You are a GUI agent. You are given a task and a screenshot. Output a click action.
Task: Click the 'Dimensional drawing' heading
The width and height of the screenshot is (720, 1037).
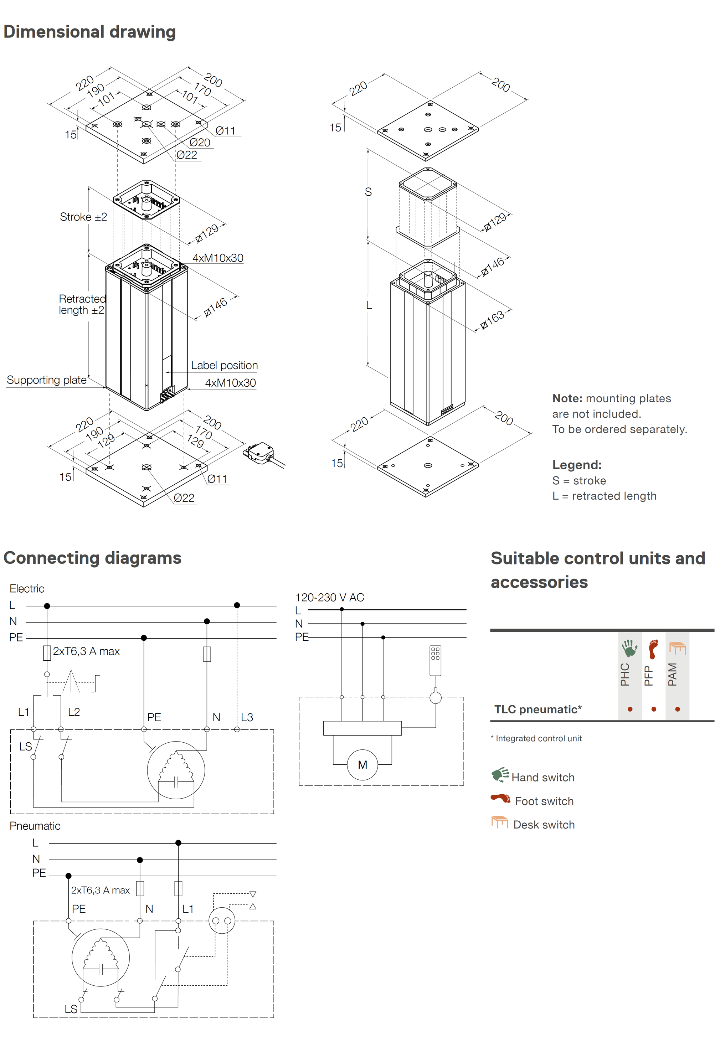pyautogui.click(x=89, y=32)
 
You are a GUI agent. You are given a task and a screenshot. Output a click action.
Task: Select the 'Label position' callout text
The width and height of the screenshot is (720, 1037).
pyautogui.click(x=224, y=365)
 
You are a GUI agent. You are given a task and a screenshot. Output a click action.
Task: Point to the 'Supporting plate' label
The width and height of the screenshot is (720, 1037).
pyautogui.click(x=46, y=380)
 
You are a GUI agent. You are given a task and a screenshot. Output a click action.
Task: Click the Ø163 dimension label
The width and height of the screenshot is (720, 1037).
pyautogui.click(x=492, y=320)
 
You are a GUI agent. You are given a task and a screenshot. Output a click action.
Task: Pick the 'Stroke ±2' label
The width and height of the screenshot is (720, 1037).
pyautogui.click(x=83, y=217)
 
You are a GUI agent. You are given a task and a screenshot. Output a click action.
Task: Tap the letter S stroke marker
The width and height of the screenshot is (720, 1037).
pyautogui.click(x=368, y=192)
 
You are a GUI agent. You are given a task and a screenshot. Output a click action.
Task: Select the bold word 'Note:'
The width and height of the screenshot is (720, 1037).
pyautogui.click(x=567, y=398)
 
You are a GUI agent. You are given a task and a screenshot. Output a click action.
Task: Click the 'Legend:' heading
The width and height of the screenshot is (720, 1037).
pyautogui.click(x=577, y=465)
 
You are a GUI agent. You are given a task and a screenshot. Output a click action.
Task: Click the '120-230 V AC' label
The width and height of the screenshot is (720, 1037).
pyautogui.click(x=329, y=597)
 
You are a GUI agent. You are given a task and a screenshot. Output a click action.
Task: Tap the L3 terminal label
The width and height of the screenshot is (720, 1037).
pyautogui.click(x=247, y=717)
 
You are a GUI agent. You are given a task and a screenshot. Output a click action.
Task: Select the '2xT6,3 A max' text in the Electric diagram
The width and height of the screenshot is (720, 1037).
pyautogui.click(x=86, y=651)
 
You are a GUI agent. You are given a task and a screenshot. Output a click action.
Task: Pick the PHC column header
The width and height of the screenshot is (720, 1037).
pyautogui.click(x=625, y=674)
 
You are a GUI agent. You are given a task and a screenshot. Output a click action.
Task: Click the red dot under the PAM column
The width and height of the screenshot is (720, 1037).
pyautogui.click(x=677, y=709)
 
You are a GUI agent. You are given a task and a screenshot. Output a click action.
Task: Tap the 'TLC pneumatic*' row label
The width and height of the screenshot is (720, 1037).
pyautogui.click(x=538, y=710)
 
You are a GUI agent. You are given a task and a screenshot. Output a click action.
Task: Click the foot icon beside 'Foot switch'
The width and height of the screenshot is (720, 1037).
pyautogui.click(x=501, y=799)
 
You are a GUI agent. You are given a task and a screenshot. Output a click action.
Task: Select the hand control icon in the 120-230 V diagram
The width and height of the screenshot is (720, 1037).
pyautogui.click(x=435, y=660)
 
